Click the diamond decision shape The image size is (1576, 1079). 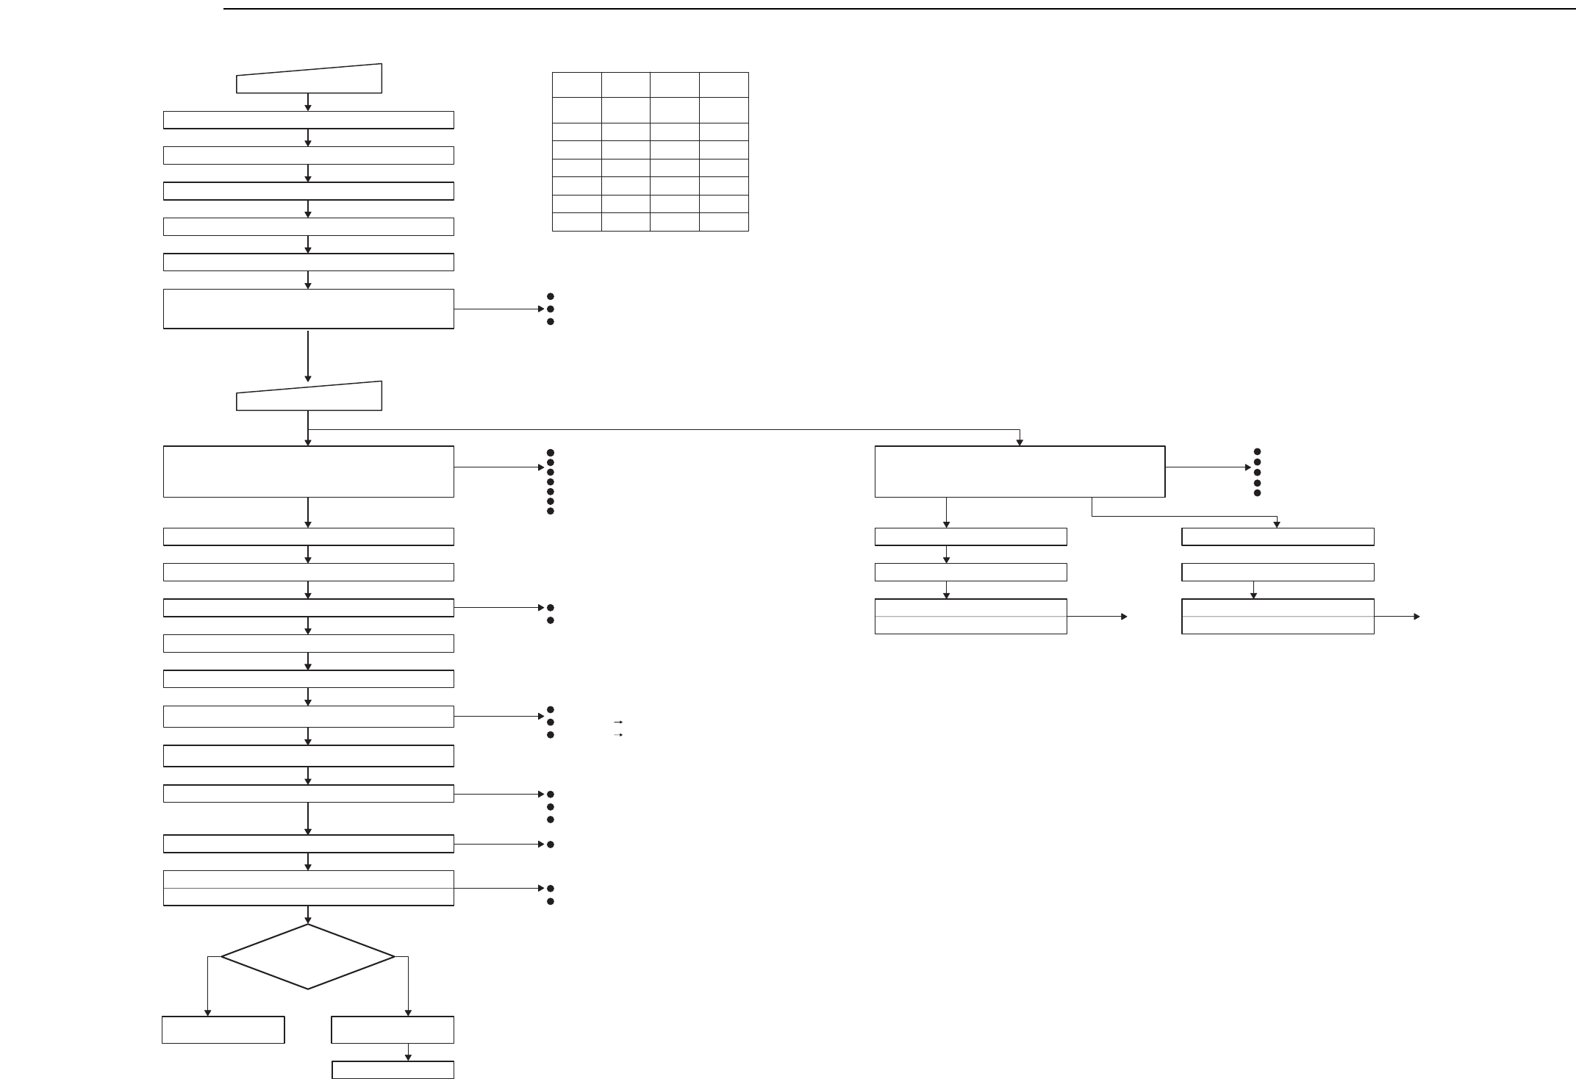pyautogui.click(x=308, y=956)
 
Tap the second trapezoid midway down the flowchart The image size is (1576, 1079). pyautogui.click(x=309, y=397)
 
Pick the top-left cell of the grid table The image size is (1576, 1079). pyautogui.click(x=577, y=85)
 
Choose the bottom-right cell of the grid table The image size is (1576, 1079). pyautogui.click(x=723, y=222)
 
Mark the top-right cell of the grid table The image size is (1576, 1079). pyautogui.click(x=723, y=85)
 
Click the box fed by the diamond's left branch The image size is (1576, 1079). pyautogui.click(x=223, y=1030)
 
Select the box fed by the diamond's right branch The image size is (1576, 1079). pyautogui.click(x=393, y=1030)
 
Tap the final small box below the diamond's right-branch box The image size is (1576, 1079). pyautogui.click(x=393, y=1069)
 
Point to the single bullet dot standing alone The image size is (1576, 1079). pyautogui.click(x=550, y=845)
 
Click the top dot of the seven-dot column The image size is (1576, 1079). pyautogui.click(x=550, y=453)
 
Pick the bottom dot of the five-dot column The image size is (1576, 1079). pyautogui.click(x=1257, y=492)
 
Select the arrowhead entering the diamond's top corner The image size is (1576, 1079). pyautogui.click(x=308, y=920)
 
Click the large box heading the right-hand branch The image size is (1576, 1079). pyautogui.click(x=1020, y=471)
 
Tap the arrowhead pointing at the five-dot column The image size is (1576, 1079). pyautogui.click(x=1247, y=467)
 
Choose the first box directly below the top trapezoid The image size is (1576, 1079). pyautogui.click(x=308, y=120)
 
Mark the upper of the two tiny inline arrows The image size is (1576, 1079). pyautogui.click(x=618, y=723)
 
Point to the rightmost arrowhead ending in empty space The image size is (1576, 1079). pyautogui.click(x=1416, y=617)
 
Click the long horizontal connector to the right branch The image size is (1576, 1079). pyautogui.click(x=662, y=429)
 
